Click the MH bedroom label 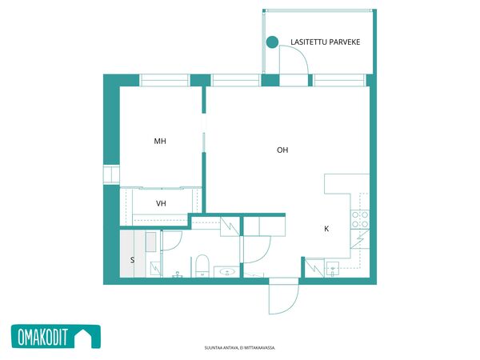pyautogui.click(x=160, y=141)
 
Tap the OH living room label pyautogui.click(x=282, y=150)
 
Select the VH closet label pyautogui.click(x=161, y=203)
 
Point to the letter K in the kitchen pyautogui.click(x=326, y=229)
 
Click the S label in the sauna pyautogui.click(x=132, y=260)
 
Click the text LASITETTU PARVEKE pyautogui.click(x=325, y=42)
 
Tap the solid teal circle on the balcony pyautogui.click(x=272, y=42)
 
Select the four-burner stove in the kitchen pyautogui.click(x=360, y=219)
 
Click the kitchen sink pyautogui.click(x=333, y=270)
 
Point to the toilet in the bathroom pyautogui.click(x=202, y=266)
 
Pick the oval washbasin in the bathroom pyautogui.click(x=227, y=271)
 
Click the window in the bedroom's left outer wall pyautogui.click(x=111, y=174)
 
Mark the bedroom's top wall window pyautogui.click(x=164, y=81)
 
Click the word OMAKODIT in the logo pyautogui.click(x=42, y=337)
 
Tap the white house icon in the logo pyautogui.click(x=83, y=338)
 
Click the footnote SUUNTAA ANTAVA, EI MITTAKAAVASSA pyautogui.click(x=240, y=348)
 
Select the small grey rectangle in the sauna pyautogui.click(x=150, y=242)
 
